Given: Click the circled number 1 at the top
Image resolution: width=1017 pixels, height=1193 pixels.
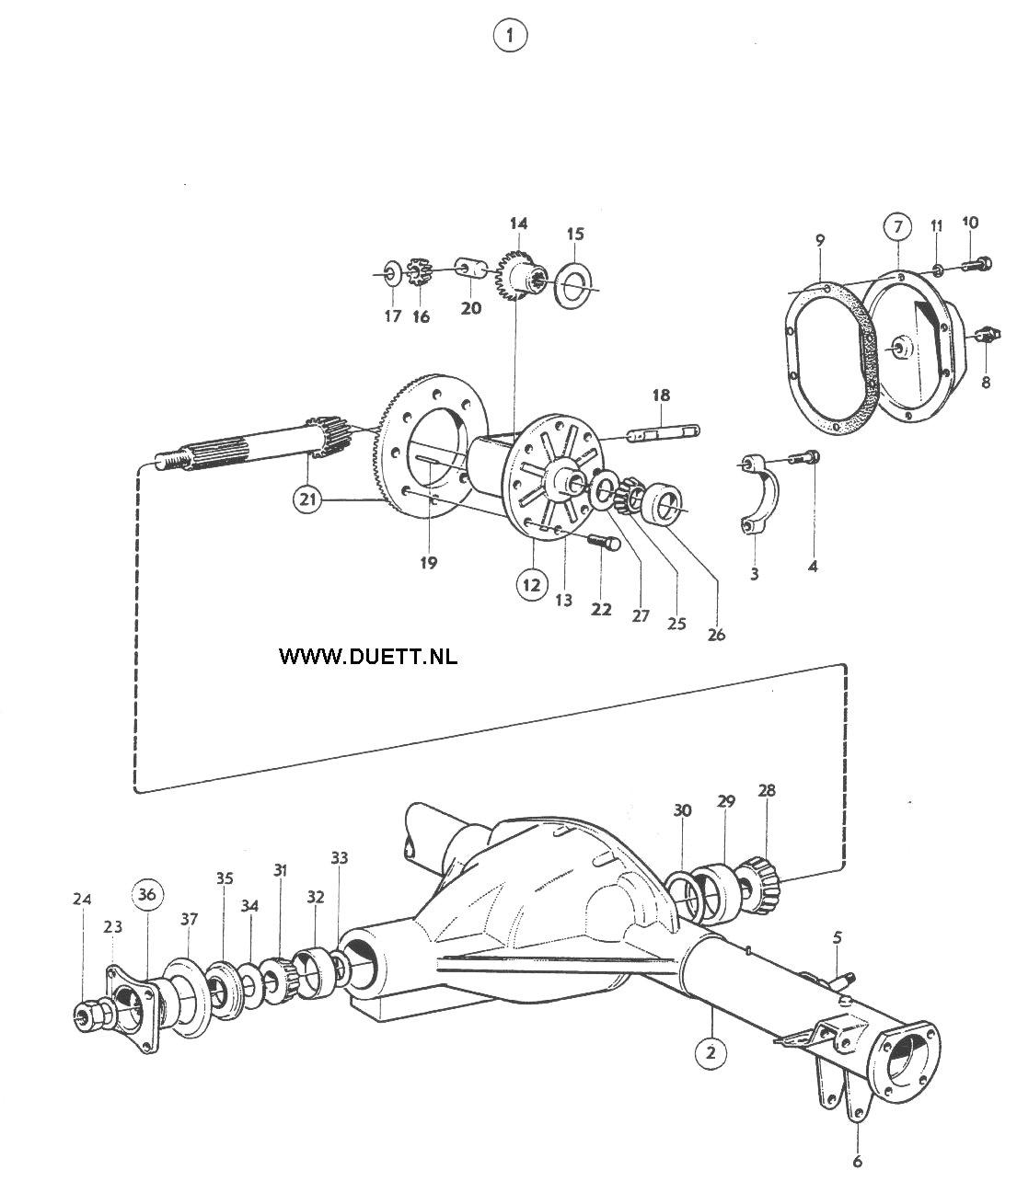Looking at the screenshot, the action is tap(510, 37).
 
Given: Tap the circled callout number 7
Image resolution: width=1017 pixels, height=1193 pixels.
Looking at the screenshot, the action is tap(897, 227).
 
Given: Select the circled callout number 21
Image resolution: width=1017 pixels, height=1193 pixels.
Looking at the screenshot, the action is tap(307, 499).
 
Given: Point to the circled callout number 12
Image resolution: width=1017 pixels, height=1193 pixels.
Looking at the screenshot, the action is tap(531, 585).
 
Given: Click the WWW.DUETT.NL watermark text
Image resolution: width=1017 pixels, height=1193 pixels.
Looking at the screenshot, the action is tap(368, 656).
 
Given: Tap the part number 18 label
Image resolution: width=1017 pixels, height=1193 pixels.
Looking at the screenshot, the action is tap(661, 396).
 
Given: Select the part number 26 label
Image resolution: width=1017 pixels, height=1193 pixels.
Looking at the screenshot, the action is tap(715, 635).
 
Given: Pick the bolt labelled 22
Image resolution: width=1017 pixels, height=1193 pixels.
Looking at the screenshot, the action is tap(604, 542).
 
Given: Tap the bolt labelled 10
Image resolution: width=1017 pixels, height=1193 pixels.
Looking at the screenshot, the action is tap(977, 263).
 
